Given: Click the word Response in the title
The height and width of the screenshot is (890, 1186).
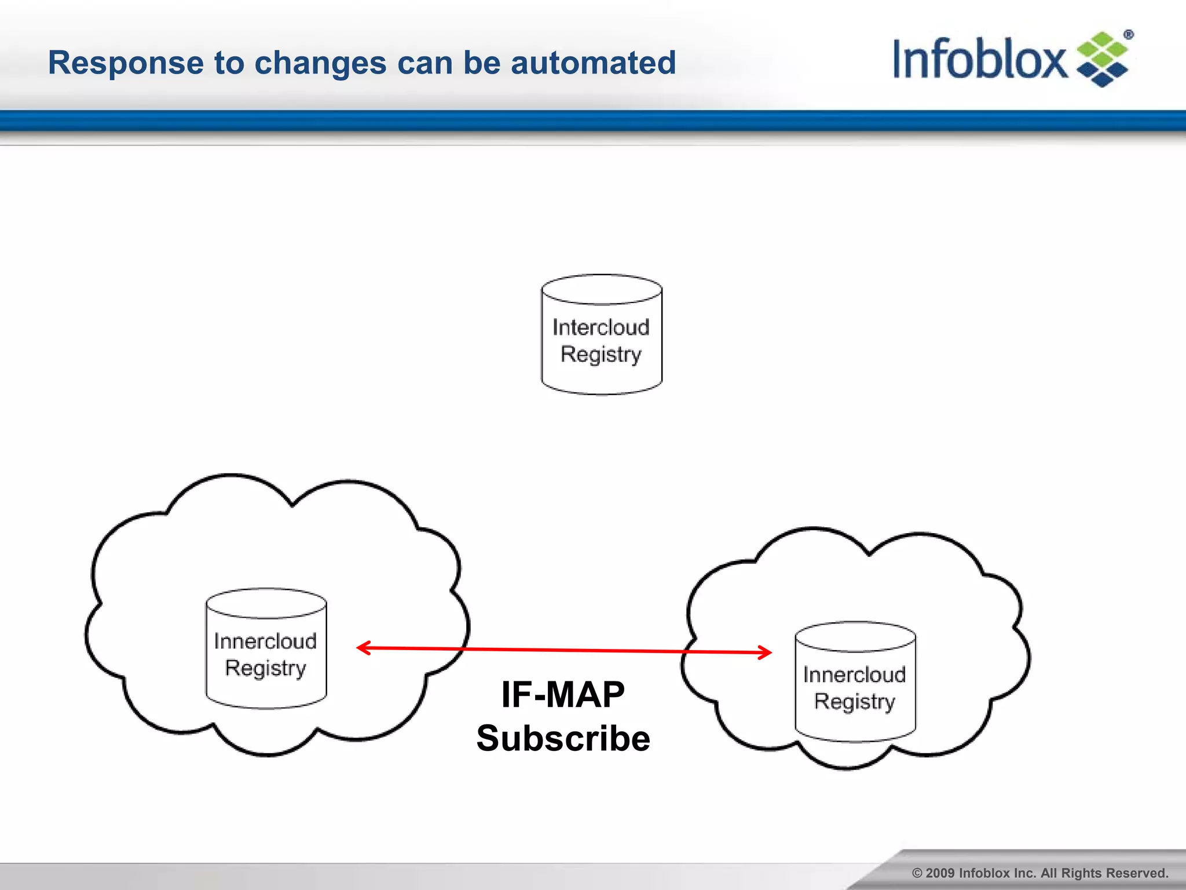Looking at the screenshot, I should point(125,63).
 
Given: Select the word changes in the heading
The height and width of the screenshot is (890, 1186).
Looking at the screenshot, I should point(320,63).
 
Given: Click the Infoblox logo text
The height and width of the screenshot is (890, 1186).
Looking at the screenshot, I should point(979,59).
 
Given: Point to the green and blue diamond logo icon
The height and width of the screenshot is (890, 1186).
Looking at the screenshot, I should point(1102,60).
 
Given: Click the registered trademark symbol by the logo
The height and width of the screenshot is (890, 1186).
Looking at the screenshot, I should point(1128,35).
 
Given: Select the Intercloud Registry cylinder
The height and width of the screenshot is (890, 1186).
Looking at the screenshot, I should point(602,335).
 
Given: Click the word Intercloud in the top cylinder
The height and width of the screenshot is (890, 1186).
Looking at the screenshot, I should point(601,327).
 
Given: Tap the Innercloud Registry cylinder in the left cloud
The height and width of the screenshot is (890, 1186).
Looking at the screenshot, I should point(266,649).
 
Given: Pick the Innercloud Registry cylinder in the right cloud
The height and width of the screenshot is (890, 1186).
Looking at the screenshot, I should point(855,683).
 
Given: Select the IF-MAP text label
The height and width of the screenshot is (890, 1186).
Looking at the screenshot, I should point(563,694).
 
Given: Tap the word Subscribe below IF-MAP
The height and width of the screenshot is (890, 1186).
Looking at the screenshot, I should point(563,739).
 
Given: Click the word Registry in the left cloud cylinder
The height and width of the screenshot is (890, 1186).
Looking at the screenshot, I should point(265,669).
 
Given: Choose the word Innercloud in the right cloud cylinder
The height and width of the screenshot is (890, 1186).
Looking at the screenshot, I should point(854,674).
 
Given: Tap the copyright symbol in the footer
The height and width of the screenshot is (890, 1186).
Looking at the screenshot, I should point(917,873).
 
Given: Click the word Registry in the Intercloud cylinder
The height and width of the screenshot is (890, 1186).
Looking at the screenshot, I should point(601,355).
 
